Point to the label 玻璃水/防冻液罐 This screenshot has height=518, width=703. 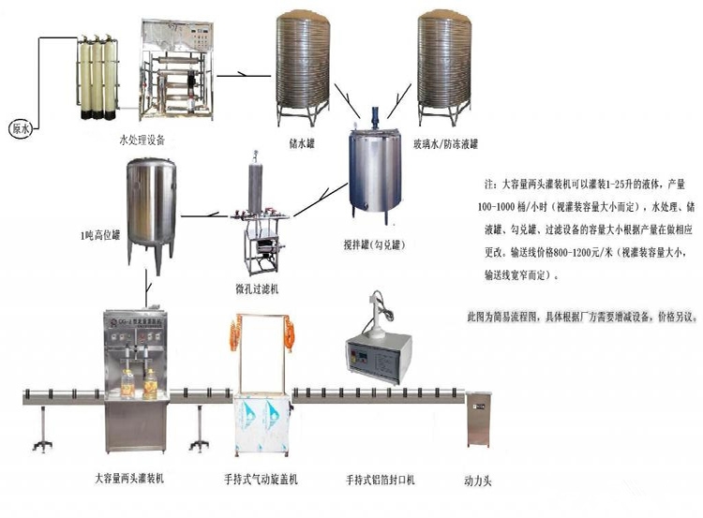click(445, 144)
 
